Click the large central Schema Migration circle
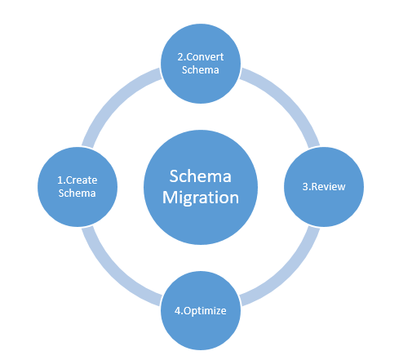201,187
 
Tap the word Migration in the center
201,198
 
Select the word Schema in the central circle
201,176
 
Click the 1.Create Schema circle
78,187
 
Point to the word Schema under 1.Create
77,193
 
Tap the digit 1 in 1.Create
60,180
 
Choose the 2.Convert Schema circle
201,64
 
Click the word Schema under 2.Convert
201,70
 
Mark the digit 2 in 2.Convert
180,57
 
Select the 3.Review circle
324,187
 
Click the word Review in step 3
329,187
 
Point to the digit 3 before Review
305,187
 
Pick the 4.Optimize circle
201,310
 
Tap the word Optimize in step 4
205,311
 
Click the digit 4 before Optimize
177,311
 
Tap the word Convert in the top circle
205,57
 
